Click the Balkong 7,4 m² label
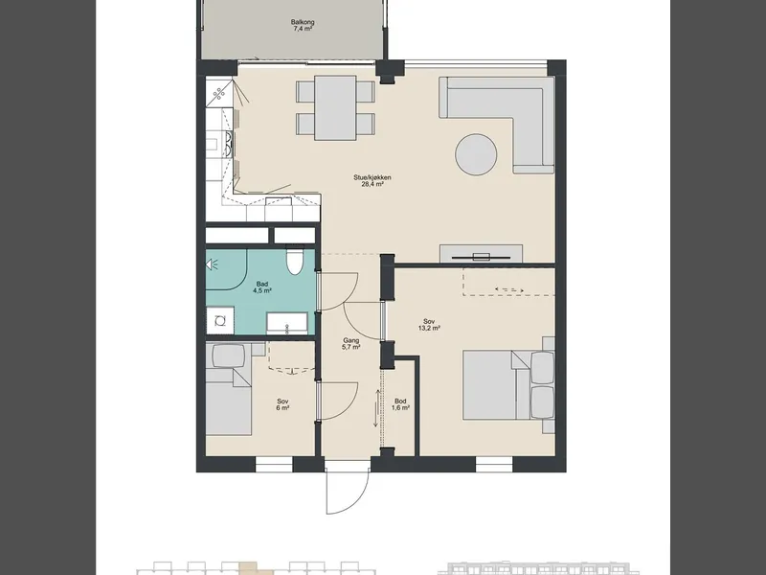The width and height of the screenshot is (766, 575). pos(303,26)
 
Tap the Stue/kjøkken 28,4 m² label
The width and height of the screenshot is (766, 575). pos(372,181)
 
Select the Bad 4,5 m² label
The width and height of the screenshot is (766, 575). pos(261,287)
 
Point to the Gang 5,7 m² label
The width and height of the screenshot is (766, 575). pos(350,344)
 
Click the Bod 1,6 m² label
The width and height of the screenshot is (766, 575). pos(400,404)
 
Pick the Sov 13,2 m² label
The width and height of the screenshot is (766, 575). pos(429,325)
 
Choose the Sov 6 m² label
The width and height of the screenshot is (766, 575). pos(282,404)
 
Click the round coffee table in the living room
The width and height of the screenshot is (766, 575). pos(476,154)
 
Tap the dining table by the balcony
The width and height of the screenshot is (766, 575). pos(335,107)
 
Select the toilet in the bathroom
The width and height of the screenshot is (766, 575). pos(295,262)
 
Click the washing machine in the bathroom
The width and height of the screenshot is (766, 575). pos(220,320)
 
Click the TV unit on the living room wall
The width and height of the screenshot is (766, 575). pos(482,254)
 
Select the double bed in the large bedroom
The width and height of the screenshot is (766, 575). pos(508,384)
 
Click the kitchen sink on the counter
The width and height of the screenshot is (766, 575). pos(279,201)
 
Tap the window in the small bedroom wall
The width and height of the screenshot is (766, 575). pos(274,465)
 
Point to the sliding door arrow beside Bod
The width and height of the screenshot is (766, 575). pos(376,408)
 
